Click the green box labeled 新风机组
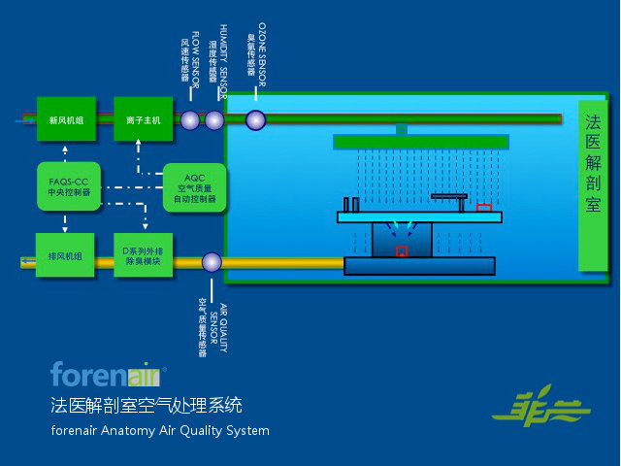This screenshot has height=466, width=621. click(x=66, y=120)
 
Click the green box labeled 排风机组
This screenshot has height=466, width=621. click(x=65, y=256)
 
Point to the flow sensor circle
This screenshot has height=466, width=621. click(x=190, y=120)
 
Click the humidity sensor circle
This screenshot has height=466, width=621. click(x=214, y=120)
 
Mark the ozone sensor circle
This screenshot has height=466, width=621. click(x=255, y=120)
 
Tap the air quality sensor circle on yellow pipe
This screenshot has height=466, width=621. click(x=212, y=262)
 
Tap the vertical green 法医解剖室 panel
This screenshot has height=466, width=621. click(x=593, y=185)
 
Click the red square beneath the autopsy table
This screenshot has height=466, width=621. click(x=401, y=251)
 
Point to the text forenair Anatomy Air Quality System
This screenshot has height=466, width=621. click(x=160, y=430)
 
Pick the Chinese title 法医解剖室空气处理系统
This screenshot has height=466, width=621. click(x=147, y=404)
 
